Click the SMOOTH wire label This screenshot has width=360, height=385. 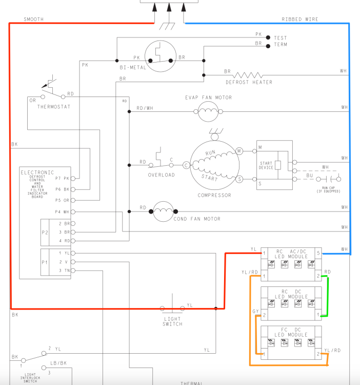coord(33,19)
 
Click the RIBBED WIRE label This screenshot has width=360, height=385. coord(299,19)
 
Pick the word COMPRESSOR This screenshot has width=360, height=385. coord(214,195)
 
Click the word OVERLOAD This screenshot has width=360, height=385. coord(162,175)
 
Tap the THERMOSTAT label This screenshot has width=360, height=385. coord(54,106)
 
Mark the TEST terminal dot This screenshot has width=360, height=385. coord(268,37)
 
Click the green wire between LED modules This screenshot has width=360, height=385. coord(327,297)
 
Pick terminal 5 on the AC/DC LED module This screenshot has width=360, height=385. coord(318,253)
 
